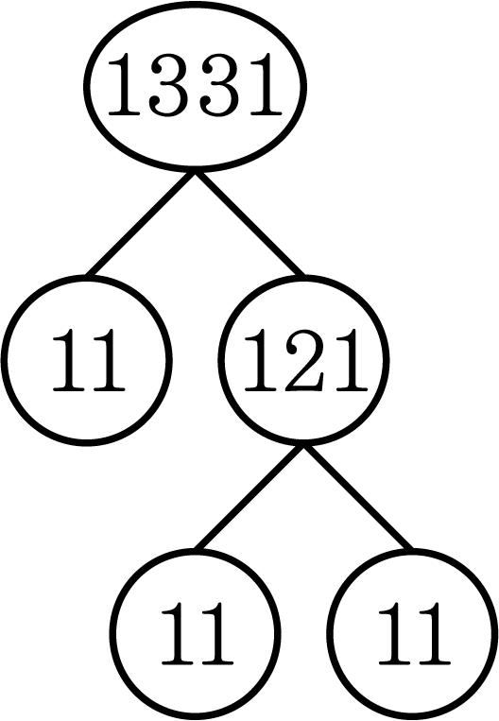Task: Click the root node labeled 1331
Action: [x=195, y=86]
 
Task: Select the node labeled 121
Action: [x=304, y=360]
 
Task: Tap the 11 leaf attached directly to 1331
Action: [x=86, y=360]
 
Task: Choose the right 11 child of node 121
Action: [x=413, y=634]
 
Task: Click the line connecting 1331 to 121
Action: [x=249, y=223]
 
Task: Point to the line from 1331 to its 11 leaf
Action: [x=141, y=223]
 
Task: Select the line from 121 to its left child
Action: [x=249, y=497]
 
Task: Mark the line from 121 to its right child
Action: [x=358, y=497]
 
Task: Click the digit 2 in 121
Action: [x=304, y=360]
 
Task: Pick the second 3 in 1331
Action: [x=217, y=85]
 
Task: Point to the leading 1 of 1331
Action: [x=124, y=84]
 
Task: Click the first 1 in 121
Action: [x=261, y=360]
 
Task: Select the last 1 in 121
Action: [x=352, y=360]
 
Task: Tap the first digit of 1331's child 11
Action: [x=69, y=360]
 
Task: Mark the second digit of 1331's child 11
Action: [x=108, y=360]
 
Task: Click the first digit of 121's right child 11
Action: [x=395, y=633]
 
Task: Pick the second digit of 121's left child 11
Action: [x=216, y=633]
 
